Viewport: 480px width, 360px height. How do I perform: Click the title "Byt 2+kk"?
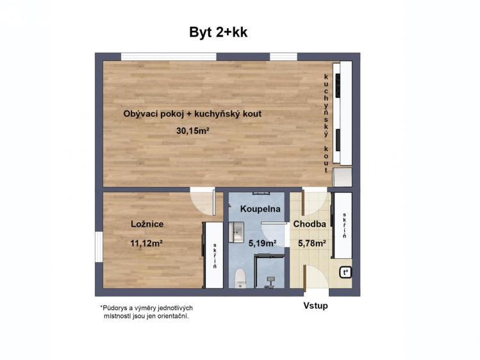[x=219, y=32]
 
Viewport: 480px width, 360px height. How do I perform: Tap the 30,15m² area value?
[x=193, y=131]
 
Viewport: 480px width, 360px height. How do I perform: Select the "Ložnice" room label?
[x=147, y=224]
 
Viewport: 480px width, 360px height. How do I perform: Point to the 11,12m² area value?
[x=146, y=243]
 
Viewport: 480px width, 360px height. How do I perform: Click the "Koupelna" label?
[x=260, y=209]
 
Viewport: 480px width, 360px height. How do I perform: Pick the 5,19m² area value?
[x=263, y=243]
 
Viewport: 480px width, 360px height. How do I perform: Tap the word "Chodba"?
[x=310, y=224]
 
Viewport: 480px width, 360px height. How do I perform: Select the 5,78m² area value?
[x=312, y=243]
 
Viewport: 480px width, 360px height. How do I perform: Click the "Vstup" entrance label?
[x=315, y=306]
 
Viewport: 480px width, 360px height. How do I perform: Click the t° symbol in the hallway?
[x=345, y=272]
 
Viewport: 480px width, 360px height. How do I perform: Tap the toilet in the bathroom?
[x=240, y=278]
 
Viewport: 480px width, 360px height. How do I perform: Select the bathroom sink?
[x=236, y=232]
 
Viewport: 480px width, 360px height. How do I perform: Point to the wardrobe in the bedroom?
[x=213, y=255]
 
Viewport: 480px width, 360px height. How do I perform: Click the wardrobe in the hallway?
[x=343, y=225]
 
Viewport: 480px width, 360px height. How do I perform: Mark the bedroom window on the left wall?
[x=99, y=247]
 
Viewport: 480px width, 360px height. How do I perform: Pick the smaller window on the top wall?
[x=283, y=56]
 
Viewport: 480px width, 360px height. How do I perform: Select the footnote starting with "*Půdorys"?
[x=146, y=312]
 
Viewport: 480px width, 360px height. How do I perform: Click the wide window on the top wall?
[x=169, y=56]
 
